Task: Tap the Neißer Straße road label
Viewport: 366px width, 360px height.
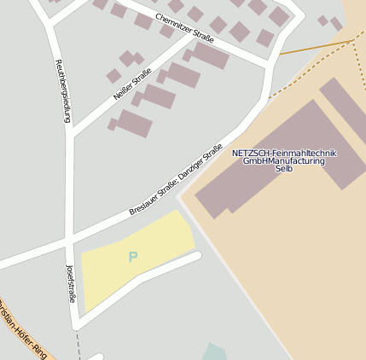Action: coord(131,84)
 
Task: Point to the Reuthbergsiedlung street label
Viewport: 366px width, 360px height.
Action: coord(62,90)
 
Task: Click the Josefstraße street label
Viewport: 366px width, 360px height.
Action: coord(71,283)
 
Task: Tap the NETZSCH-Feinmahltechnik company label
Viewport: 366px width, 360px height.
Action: coord(284,154)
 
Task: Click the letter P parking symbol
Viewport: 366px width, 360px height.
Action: coord(132,257)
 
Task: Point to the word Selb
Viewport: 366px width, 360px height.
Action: coord(284,169)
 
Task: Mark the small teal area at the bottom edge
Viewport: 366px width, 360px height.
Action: coord(215,351)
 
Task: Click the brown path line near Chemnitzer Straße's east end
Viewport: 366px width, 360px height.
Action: coord(316,47)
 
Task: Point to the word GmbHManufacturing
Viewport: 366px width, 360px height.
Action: coord(284,161)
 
